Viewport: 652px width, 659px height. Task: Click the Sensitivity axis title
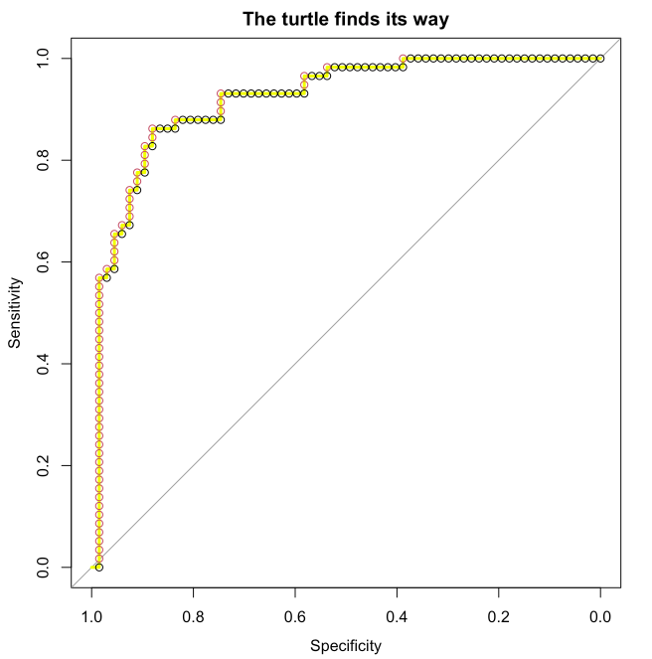[x=15, y=312]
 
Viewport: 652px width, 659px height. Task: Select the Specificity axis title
[x=345, y=646]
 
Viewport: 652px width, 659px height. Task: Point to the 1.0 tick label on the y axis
[x=47, y=59]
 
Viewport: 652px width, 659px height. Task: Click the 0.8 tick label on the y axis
[x=47, y=160]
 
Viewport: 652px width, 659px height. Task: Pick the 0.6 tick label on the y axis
[x=47, y=262]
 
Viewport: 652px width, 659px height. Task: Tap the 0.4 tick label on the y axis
[x=47, y=364]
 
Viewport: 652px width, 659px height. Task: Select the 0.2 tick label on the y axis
[x=47, y=465]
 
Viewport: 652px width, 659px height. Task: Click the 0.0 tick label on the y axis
[x=47, y=568]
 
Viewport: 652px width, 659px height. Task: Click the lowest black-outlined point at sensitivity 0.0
[x=98, y=567]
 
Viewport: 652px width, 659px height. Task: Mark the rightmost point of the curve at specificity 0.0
[x=600, y=59]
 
